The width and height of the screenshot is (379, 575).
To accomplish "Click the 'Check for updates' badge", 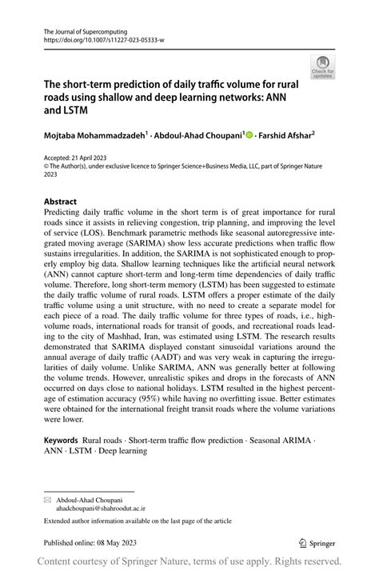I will (x=322, y=66).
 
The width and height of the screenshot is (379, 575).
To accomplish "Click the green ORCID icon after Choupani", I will (x=249, y=136).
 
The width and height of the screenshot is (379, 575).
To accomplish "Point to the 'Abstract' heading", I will (x=61, y=202).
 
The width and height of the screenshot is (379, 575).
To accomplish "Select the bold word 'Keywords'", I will (x=61, y=440).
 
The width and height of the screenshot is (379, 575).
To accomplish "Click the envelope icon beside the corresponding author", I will (x=47, y=499).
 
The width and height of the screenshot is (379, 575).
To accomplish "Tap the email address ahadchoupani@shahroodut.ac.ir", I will (x=101, y=508).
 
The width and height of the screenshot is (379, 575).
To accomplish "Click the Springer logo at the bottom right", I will (x=318, y=541).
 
